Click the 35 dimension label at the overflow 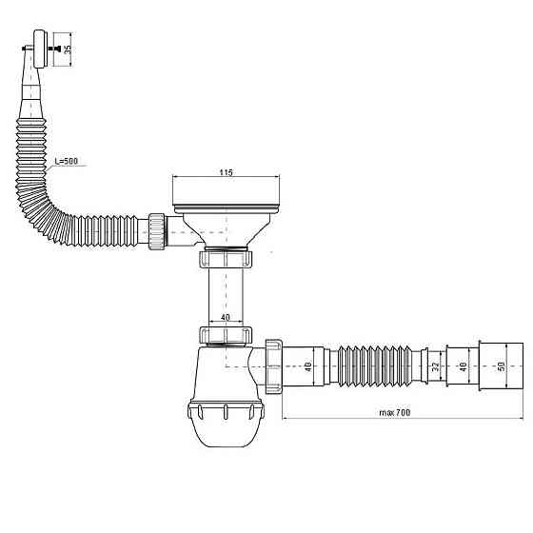(x=68, y=49)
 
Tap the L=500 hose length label (x=67, y=161)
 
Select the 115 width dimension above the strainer (x=226, y=172)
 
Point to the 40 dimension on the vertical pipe (x=226, y=317)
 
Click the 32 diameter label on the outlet (x=435, y=366)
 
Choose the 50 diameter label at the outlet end (x=502, y=366)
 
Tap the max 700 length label (x=395, y=413)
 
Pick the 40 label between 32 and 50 (x=463, y=366)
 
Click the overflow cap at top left (x=39, y=49)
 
